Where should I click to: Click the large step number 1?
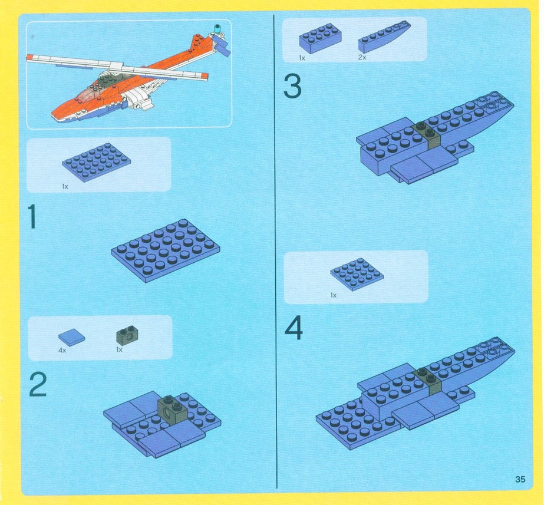(x=32, y=217)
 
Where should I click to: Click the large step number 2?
(x=38, y=384)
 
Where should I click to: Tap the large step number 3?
(x=292, y=87)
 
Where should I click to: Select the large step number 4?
(x=294, y=328)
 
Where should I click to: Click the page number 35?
(x=520, y=479)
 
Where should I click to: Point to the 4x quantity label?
(x=62, y=350)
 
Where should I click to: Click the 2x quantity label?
(x=362, y=57)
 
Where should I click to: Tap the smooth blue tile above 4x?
(x=71, y=337)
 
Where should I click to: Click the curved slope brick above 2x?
(x=384, y=36)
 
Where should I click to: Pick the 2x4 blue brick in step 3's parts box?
(x=320, y=38)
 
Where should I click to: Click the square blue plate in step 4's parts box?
(x=357, y=274)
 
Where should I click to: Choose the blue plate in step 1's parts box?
(x=97, y=162)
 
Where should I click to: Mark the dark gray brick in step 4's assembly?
(x=428, y=380)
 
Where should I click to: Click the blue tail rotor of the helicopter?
(x=223, y=48)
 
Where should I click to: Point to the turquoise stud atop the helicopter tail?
(x=217, y=28)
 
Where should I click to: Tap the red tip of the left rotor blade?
(x=30, y=57)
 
